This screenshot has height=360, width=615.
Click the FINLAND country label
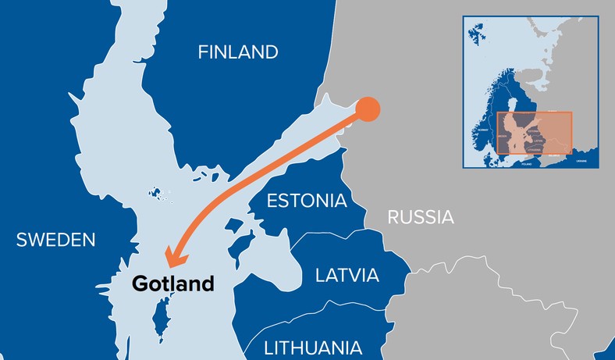[x=238, y=52]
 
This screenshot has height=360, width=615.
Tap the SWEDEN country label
[x=55, y=240]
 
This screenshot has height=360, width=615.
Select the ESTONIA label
[x=307, y=201]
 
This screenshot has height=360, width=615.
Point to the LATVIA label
[x=347, y=275]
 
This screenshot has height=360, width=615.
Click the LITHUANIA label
[x=313, y=348]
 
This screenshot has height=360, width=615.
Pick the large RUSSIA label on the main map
[x=421, y=216]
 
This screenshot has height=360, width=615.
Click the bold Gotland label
[x=172, y=283]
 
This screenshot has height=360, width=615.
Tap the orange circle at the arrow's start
[x=368, y=109]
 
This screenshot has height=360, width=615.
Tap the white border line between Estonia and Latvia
[x=328, y=234]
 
